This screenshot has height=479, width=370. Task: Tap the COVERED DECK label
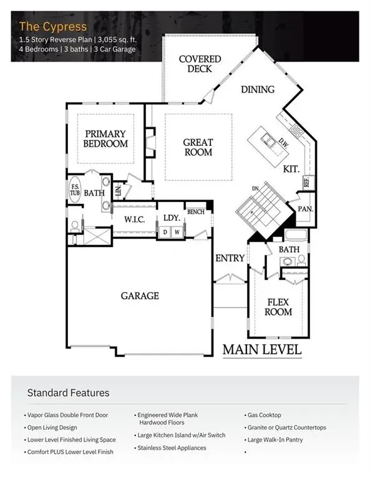click(x=200, y=64)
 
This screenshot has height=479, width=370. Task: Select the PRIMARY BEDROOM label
click(x=105, y=138)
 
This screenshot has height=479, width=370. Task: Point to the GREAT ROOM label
click(x=198, y=147)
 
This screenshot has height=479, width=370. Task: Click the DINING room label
click(x=258, y=89)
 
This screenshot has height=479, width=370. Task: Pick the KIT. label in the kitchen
click(x=291, y=168)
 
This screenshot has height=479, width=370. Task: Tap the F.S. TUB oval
click(x=74, y=190)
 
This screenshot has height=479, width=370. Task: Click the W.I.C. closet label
click(x=134, y=219)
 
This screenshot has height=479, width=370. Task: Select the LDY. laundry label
click(x=172, y=218)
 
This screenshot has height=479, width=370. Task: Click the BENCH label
click(x=195, y=212)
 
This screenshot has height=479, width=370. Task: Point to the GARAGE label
click(x=140, y=296)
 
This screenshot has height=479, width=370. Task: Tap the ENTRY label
click(x=230, y=258)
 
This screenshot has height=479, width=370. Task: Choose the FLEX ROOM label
click(x=278, y=307)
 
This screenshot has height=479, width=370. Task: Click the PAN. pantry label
click(x=305, y=210)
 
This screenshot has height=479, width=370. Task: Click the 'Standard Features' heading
click(x=68, y=393)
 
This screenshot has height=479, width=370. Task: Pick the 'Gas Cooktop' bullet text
click(x=264, y=415)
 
